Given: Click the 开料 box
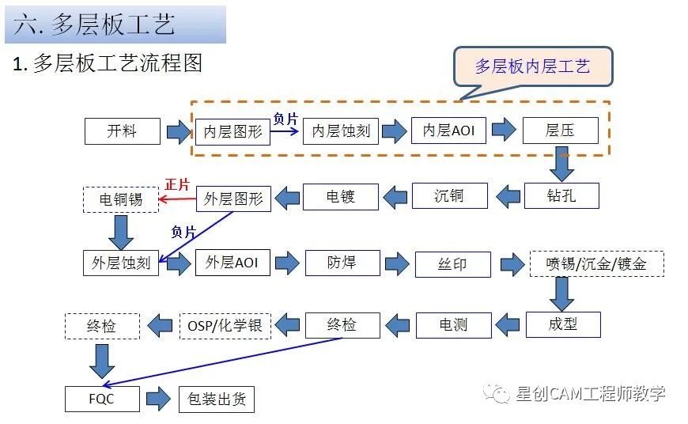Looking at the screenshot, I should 122,131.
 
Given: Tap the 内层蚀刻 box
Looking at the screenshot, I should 341,131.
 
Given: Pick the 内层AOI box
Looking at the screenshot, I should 448,131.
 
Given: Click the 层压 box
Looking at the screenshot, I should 560,131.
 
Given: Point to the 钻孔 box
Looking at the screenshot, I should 561,195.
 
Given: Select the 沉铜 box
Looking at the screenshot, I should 449,195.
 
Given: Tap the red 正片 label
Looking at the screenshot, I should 177,184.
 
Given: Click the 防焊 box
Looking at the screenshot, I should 341,263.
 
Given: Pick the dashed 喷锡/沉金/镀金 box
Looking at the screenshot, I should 596,263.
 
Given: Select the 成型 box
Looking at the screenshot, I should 562,324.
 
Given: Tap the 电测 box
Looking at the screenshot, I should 453,324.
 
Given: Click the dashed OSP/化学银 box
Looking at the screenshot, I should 225,325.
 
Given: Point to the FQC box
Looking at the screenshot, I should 101,398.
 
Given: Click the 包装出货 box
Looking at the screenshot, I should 217,399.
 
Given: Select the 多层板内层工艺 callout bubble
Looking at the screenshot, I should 532,66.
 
